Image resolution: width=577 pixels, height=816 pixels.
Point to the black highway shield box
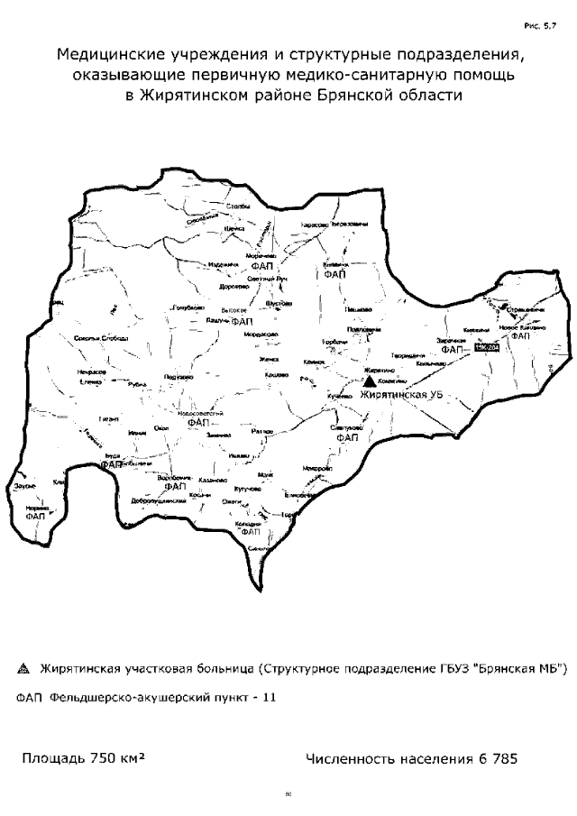(486, 348)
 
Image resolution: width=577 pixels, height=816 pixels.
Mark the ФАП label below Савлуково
(346, 437)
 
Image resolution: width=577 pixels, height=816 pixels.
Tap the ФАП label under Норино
(36, 517)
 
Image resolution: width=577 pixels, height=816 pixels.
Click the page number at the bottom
(288, 796)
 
